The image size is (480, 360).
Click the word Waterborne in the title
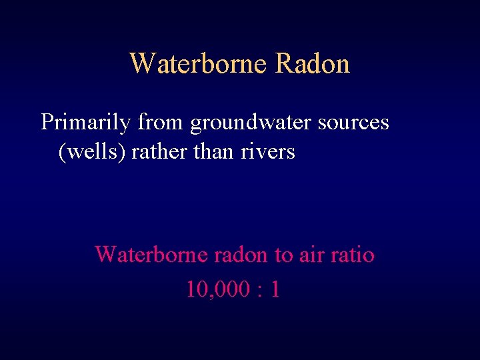(198, 64)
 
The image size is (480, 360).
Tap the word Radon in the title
(312, 64)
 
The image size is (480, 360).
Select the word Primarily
(85, 123)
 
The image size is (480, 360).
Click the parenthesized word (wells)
(92, 152)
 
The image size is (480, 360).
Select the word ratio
(352, 254)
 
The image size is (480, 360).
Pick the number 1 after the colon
(275, 289)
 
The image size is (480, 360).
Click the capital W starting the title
(142, 64)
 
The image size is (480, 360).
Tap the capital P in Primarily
(46, 123)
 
